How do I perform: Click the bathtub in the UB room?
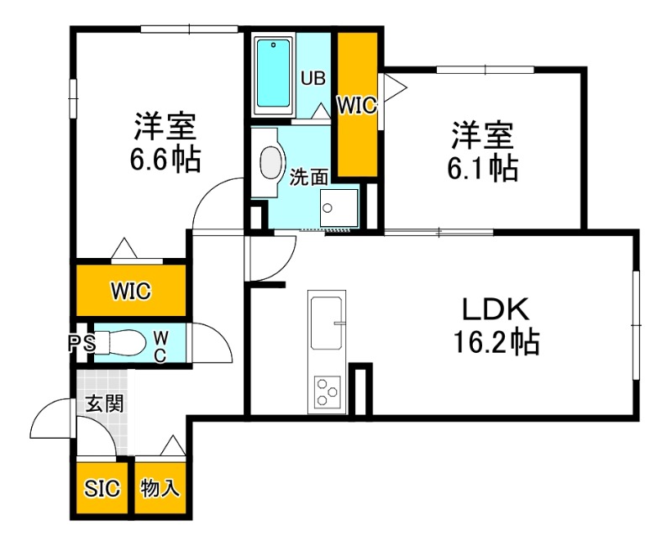(x=275, y=73)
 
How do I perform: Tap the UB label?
(x=313, y=79)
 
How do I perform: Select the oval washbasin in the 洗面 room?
(x=272, y=163)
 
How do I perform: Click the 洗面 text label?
(x=309, y=177)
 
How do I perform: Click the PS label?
(x=81, y=343)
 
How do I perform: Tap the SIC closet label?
(x=102, y=488)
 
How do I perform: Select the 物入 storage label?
(x=160, y=488)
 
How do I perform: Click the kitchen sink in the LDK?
(x=328, y=323)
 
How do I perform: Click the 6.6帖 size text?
(x=165, y=159)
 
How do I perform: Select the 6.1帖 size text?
(x=482, y=168)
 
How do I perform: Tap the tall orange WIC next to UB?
(x=357, y=104)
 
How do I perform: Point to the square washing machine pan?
(x=339, y=206)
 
